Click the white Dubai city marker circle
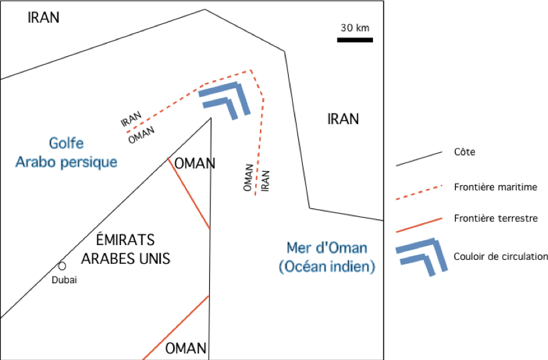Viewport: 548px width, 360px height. (62, 266)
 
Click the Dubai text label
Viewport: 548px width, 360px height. (65, 280)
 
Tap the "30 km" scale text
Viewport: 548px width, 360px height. (354, 28)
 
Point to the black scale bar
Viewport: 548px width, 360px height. (354, 40)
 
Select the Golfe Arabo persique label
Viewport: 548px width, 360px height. (66, 152)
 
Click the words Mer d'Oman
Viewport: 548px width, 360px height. (326, 248)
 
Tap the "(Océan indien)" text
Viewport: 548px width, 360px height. (326, 266)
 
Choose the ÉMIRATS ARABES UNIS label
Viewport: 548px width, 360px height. (125, 248)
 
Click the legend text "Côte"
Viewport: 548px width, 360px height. (464, 152)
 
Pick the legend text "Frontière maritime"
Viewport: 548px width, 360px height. (495, 187)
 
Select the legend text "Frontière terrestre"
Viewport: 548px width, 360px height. (495, 218)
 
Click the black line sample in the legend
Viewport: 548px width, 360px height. (419, 158)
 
